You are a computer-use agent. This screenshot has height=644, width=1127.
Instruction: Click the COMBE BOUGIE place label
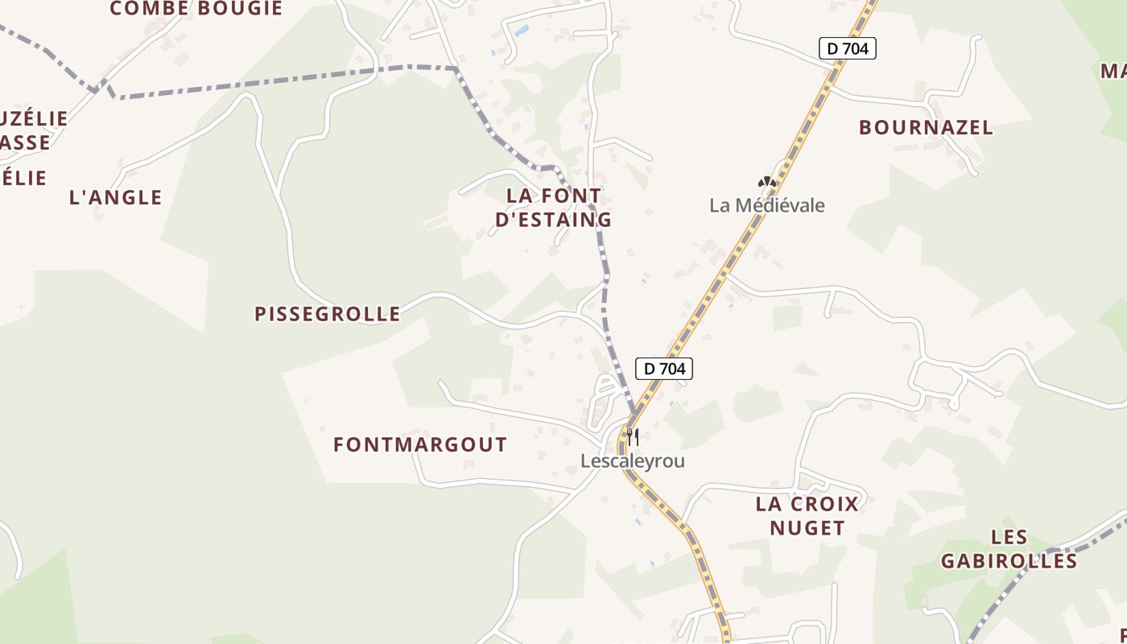coord(196,9)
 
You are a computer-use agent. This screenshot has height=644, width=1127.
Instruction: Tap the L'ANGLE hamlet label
coord(116,197)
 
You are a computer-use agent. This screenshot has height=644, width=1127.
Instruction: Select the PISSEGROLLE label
coord(327,314)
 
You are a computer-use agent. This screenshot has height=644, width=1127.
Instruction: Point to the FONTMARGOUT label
coord(420,444)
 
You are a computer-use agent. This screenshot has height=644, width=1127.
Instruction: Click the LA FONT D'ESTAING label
coord(554,208)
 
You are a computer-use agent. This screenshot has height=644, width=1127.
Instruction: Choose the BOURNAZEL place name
coord(926,127)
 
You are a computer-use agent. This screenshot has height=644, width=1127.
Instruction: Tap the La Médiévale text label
coord(767,205)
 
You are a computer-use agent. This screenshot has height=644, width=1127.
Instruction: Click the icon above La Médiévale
coord(767,182)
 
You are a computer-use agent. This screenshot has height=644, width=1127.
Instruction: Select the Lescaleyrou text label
coord(633,461)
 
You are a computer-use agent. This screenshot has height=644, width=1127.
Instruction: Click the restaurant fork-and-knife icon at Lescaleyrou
coord(633,437)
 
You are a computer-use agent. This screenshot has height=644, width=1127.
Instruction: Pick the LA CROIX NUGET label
coord(807,516)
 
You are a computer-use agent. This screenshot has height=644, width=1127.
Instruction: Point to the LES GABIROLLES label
coord(1009,549)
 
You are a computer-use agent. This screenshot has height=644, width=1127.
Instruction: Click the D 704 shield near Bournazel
coord(847,49)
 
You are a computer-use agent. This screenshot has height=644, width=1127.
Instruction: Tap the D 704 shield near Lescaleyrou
coord(664,369)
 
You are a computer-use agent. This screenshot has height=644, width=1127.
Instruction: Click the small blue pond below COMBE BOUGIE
coord(522,31)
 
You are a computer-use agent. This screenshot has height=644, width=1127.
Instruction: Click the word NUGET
coord(807,528)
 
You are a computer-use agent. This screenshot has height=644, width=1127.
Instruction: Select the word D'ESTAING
coord(554,220)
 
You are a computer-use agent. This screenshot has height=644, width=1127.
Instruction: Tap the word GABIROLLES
coord(1009,561)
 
